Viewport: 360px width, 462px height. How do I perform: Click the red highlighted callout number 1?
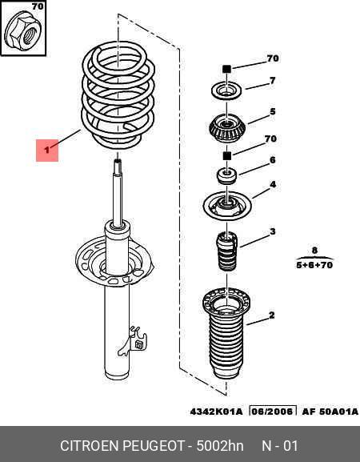click(47, 151)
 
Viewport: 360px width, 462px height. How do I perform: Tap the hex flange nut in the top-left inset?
click(23, 31)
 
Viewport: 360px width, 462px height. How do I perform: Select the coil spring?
click(118, 94)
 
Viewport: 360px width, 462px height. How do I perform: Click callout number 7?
click(272, 80)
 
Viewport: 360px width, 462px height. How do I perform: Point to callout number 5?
click(273, 111)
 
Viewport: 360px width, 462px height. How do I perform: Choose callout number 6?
click(273, 160)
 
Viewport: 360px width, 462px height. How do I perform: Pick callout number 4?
click(273, 185)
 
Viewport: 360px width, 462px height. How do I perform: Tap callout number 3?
click(273, 231)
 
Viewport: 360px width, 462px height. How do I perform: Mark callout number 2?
click(272, 315)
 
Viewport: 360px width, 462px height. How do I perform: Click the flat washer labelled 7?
click(226, 91)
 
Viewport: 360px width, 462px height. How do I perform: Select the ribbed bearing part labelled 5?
click(227, 127)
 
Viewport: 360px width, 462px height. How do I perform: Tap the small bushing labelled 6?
click(226, 175)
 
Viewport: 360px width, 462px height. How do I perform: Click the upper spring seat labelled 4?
click(227, 205)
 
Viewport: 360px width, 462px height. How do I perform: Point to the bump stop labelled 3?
click(227, 251)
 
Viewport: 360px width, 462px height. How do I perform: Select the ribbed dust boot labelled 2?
click(226, 334)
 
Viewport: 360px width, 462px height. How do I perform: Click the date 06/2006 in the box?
click(273, 411)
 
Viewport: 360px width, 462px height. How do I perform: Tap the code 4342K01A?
click(217, 412)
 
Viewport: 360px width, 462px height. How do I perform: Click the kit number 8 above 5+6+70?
click(314, 251)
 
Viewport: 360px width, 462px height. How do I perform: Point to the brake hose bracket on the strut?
click(133, 341)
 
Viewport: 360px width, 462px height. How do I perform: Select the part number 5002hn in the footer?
click(220, 446)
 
